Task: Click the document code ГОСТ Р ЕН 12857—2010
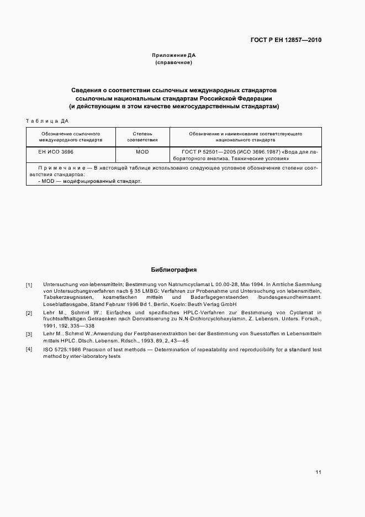coord(286,40)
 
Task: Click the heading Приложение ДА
coord(174,55)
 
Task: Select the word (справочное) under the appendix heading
coord(174,63)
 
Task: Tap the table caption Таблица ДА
coord(47,120)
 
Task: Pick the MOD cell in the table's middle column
coord(142,151)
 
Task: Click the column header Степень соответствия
coord(142,137)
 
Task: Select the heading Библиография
coord(174,270)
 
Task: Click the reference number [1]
coord(29,284)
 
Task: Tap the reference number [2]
coord(29,313)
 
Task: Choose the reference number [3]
coord(29,335)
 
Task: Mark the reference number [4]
coord(29,350)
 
